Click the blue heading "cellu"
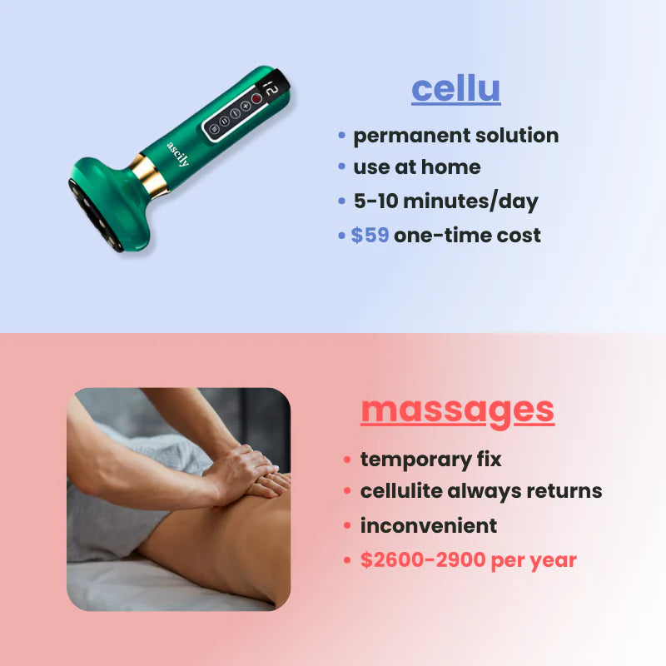[455, 89]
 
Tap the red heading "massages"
[457, 410]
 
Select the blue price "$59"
[370, 236]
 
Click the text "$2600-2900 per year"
[468, 560]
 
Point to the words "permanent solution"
[455, 136]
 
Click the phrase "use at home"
[416, 167]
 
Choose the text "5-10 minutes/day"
[445, 201]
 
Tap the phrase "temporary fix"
[430, 459]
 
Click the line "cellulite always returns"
[480, 491]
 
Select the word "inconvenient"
[428, 526]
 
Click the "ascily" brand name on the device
[177, 154]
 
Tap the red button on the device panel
[256, 98]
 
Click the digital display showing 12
[271, 87]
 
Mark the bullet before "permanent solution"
[341, 136]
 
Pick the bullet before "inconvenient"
[347, 526]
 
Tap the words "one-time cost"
[467, 236]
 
